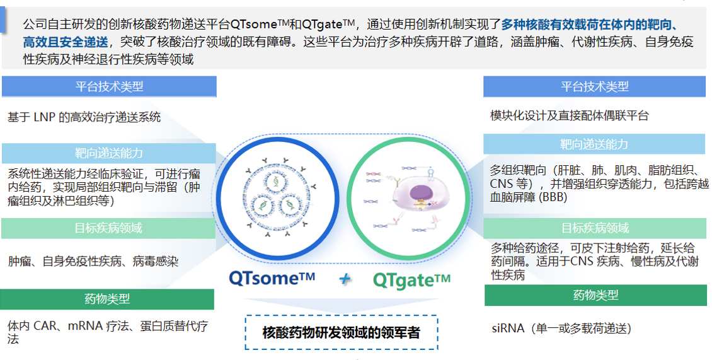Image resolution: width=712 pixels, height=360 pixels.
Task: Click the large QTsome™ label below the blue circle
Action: (272, 278)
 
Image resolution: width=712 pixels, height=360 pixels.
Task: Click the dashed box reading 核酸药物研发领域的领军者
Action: (341, 332)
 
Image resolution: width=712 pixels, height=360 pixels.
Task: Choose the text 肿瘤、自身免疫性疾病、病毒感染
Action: (93, 260)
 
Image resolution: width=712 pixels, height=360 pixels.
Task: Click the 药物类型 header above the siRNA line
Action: (595, 295)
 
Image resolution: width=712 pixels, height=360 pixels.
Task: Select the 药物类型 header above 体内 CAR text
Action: (107, 299)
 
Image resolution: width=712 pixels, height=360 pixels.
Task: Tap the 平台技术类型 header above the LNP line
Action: (109, 87)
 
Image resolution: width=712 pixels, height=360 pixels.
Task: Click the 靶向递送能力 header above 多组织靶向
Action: (594, 144)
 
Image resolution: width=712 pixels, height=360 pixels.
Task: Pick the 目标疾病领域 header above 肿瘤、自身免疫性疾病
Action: (108, 228)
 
